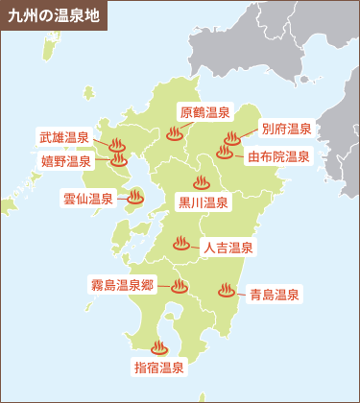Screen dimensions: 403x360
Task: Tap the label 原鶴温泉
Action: tap(204, 112)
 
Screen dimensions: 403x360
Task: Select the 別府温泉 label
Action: tap(287, 129)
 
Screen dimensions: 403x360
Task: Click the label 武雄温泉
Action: tap(64, 138)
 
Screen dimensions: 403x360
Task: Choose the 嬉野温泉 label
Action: tap(65, 162)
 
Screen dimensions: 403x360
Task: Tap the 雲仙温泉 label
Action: tap(88, 200)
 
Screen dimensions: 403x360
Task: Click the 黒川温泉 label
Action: tap(204, 202)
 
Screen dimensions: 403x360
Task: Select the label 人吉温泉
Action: tap(228, 248)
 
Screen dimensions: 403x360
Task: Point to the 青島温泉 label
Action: tap(274, 294)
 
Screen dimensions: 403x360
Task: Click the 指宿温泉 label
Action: tap(157, 367)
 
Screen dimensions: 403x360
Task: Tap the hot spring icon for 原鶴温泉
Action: tap(174, 134)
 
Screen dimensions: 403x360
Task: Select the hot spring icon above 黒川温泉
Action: tap(202, 181)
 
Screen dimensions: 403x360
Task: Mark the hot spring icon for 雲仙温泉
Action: tap(135, 198)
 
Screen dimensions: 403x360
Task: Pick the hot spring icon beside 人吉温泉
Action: tap(180, 244)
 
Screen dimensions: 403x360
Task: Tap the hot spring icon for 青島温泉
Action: tap(226, 289)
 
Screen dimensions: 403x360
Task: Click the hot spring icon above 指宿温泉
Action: tap(158, 346)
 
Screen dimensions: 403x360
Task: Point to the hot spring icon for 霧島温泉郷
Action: tap(180, 285)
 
